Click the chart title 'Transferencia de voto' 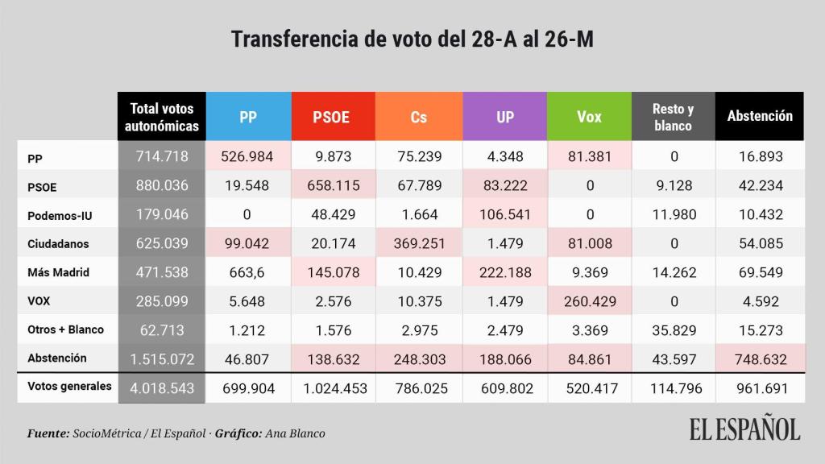coord(412,39)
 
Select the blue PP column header coord(248,117)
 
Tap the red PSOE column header coord(331,117)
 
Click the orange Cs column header coord(418,117)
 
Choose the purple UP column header coord(505,117)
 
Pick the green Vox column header coord(589,117)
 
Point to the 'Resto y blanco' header coord(673,117)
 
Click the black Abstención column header coord(760,117)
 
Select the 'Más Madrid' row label coord(56,273)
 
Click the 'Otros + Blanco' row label coord(65,329)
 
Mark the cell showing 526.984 coord(248,156)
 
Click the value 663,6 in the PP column coord(248,273)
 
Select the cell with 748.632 coord(760,358)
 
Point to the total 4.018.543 coord(162,388)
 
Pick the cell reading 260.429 coord(589,301)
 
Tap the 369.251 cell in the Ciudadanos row coord(418,243)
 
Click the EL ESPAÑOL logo coord(744,429)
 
